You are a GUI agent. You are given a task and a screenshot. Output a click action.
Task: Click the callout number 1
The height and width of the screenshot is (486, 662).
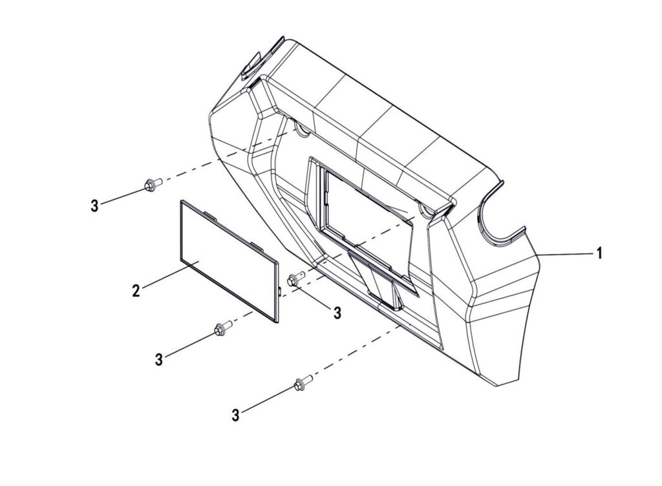coord(599,253)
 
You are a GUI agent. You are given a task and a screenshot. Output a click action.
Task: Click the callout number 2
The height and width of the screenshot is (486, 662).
coord(136,291)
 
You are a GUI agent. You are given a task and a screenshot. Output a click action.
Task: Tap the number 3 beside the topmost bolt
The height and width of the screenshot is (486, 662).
coord(94,206)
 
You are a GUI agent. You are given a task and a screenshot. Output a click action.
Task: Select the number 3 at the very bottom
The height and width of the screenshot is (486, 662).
coord(235,415)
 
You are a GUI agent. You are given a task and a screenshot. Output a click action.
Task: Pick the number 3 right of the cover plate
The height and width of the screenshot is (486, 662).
coord(337,313)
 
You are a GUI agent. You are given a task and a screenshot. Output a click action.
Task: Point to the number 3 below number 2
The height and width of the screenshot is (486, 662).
coord(159,360)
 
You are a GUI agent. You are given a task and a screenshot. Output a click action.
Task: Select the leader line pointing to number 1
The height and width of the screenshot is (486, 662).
coord(564,254)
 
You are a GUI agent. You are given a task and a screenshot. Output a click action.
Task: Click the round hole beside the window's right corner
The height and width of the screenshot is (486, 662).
coord(425,209)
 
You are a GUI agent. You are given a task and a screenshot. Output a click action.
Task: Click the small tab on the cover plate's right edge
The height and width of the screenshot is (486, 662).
coord(280,290)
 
